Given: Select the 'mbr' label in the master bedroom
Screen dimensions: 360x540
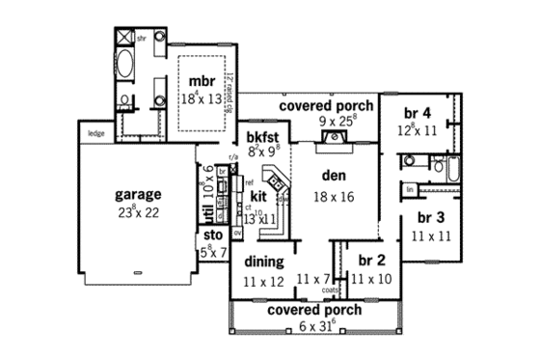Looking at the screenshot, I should click(201, 80).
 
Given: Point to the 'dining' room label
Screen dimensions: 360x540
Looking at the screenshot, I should click(263, 262).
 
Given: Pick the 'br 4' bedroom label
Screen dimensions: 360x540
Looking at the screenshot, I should click(417, 111).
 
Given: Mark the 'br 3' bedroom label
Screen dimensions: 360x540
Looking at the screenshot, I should click(430, 216).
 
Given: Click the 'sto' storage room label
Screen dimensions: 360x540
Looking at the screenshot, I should click(213, 234).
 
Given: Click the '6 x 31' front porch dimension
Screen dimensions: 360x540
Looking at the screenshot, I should click(314, 326).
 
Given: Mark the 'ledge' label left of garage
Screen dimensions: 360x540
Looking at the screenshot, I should click(95, 133).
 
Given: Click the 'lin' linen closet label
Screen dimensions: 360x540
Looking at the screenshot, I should click(411, 188).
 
